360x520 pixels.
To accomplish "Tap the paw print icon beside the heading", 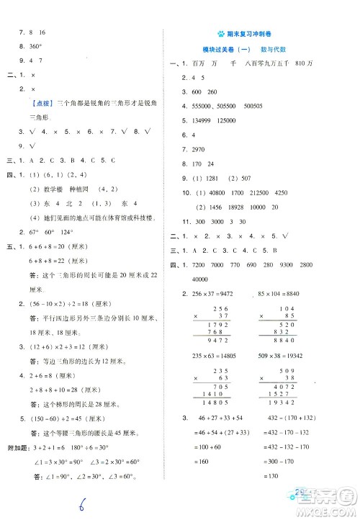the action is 220,34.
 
